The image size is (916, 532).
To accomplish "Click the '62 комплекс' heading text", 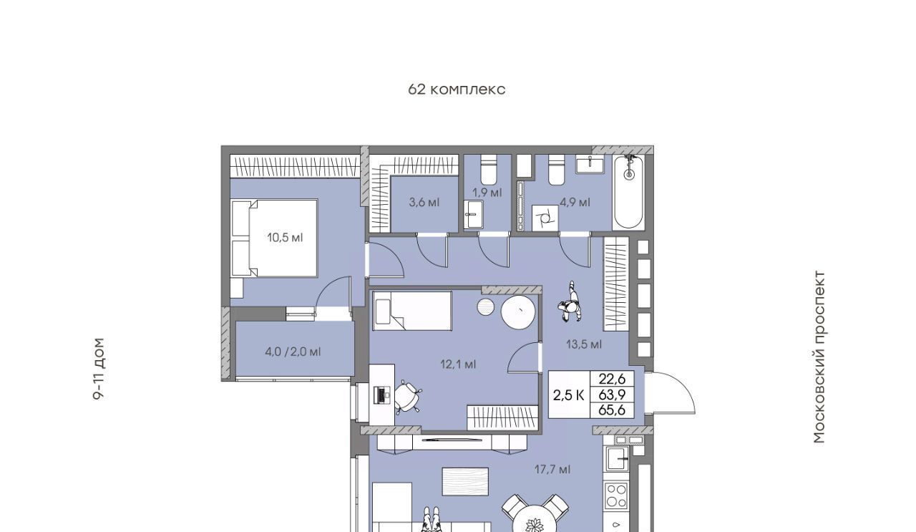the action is [457, 90].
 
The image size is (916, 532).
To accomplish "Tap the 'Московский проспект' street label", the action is [819, 357].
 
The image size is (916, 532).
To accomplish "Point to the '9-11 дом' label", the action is [99, 369].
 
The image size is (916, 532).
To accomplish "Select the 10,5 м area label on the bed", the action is [285, 237].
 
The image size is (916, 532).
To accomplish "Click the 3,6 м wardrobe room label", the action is [424, 202].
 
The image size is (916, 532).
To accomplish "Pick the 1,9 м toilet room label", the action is [487, 193].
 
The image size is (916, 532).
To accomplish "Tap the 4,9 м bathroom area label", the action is [575, 202].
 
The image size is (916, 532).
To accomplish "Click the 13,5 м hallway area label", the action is [584, 344].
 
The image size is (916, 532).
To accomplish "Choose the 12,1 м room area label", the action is [458, 364].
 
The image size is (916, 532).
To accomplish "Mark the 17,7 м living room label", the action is [552, 470].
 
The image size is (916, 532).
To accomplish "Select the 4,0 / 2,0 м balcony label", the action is [293, 352].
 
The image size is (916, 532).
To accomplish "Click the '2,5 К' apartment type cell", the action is [569, 395].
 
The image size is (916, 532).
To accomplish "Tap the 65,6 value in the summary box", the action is [612, 410].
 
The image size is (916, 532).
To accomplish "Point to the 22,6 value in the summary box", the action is [612, 379].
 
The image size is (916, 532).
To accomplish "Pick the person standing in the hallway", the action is [570, 302].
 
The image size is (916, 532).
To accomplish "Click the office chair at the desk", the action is [408, 396].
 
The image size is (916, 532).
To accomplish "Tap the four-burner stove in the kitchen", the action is [616, 495].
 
